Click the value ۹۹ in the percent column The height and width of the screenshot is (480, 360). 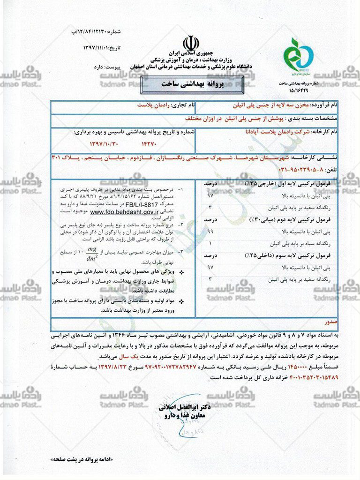[x=210, y=232]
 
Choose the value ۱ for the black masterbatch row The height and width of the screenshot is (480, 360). [x=210, y=244]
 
